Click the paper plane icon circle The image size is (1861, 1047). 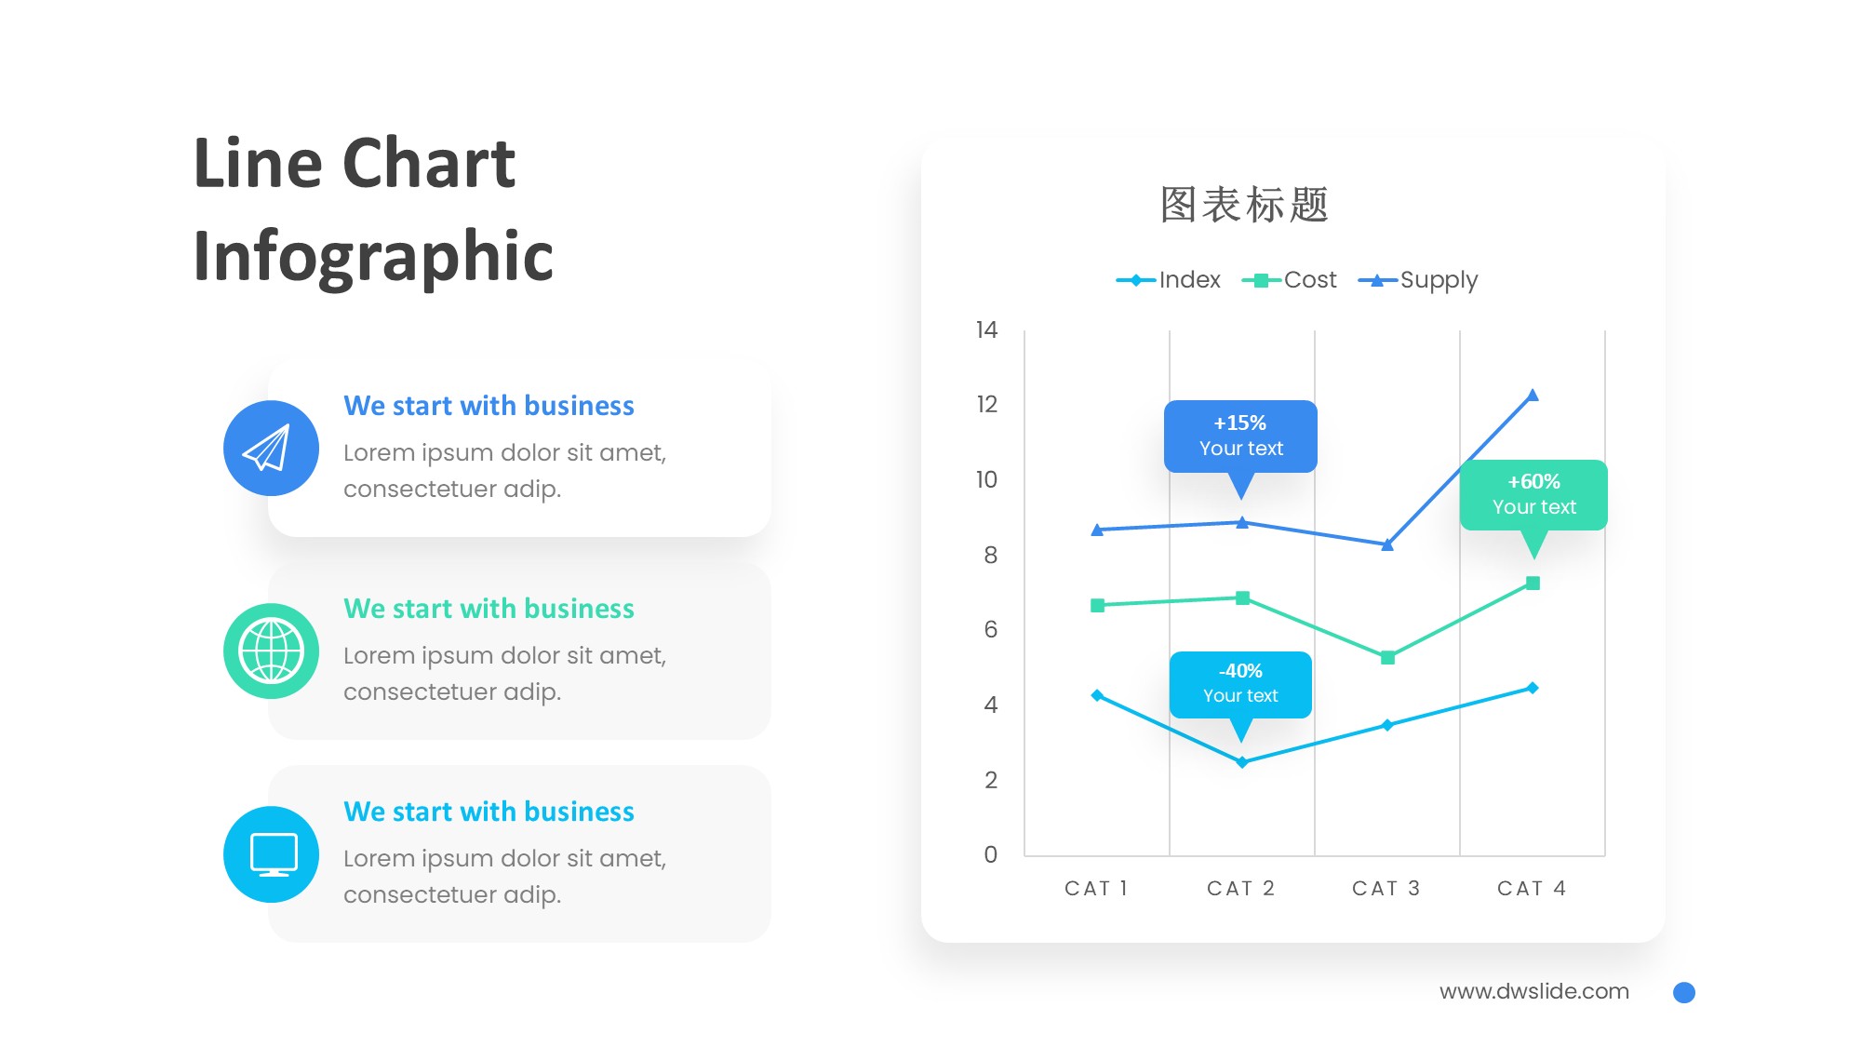pos(271,449)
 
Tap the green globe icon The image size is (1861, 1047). pos(271,651)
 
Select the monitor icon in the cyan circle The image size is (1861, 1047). pos(271,854)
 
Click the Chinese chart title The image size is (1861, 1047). pos(1244,205)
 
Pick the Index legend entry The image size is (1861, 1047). pos(1169,280)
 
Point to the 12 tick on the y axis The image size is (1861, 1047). pos(986,405)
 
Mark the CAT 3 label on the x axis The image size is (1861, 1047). pos(1386,889)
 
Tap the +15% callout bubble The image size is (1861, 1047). pos(1240,436)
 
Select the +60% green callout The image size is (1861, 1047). pos(1533,494)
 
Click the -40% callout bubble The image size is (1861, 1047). pos(1240,683)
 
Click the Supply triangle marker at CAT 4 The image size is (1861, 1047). pos(1533,396)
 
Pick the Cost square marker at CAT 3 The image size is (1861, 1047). pos(1387,658)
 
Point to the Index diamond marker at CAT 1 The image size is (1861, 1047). pos(1097,695)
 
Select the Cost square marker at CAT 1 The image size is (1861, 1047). pos(1097,605)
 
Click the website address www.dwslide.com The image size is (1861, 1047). pos(1533,992)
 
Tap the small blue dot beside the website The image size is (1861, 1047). pos(1683,993)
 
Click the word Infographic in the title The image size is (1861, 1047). pos(373,256)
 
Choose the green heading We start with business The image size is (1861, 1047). pos(489,609)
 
